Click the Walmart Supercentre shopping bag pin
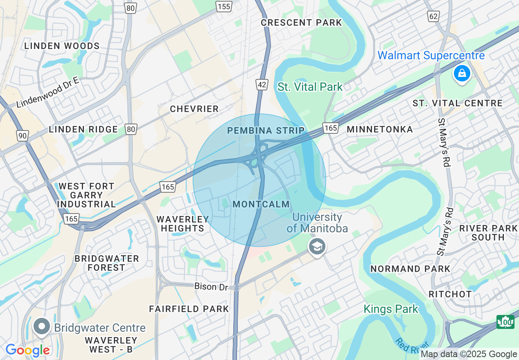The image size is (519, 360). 462,74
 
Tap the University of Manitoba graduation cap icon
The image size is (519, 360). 317,247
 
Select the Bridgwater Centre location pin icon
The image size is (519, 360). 41,327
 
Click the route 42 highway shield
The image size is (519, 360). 262,85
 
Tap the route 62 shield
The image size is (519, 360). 433,16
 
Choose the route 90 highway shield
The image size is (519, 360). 22,135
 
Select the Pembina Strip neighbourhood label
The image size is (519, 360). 266,130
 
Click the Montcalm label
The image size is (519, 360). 261,204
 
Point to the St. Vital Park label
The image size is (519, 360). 310,87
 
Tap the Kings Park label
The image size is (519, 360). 391,309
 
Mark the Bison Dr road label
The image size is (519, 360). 211,286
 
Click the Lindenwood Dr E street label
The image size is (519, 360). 47,92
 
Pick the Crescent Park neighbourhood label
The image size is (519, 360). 301,22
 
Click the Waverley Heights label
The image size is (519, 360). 183,224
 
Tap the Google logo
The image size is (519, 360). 27,351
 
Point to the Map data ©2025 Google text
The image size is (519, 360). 469,354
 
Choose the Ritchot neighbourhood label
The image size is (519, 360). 450,294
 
